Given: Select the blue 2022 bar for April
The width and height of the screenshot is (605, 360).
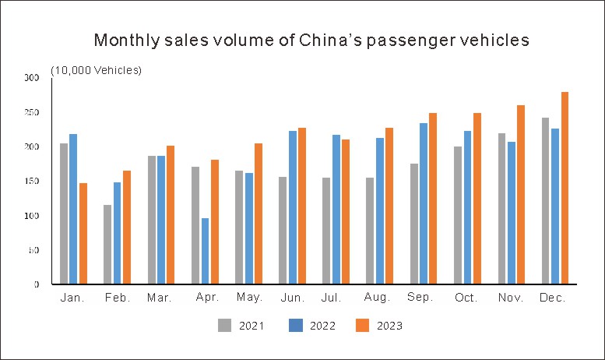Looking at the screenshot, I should point(205,251).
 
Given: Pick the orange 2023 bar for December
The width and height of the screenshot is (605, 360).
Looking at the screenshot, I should point(565,188).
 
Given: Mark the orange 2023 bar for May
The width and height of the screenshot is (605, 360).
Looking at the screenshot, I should point(259,214).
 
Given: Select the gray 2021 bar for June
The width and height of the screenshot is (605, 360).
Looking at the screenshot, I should point(283,231).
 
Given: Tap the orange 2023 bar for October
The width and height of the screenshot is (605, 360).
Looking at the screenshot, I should point(477,199).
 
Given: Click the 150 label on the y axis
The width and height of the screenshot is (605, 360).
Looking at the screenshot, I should point(30,182).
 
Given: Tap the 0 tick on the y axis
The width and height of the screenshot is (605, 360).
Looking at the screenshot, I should point(36,284).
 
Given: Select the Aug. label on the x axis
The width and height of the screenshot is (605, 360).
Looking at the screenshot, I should point(376,298).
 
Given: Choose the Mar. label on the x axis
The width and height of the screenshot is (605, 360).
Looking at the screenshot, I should point(160,298).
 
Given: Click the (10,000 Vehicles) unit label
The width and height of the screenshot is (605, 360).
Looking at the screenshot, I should point(96,70).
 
